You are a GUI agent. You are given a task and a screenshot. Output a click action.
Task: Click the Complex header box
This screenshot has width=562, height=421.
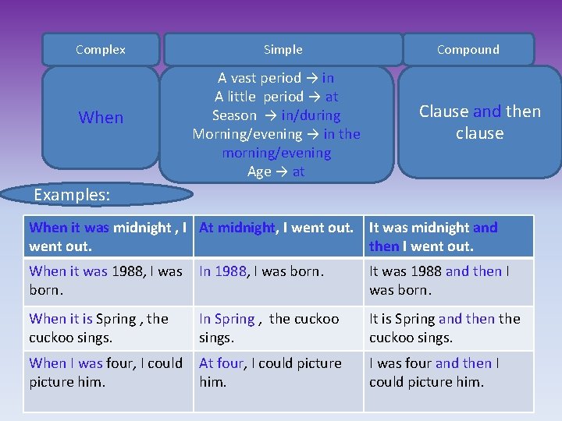[101, 49]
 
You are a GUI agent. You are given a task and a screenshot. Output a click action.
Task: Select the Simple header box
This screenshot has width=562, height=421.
[283, 49]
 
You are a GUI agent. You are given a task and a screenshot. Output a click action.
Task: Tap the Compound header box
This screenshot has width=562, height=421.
[468, 49]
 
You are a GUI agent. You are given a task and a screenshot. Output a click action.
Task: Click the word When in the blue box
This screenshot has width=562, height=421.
[101, 118]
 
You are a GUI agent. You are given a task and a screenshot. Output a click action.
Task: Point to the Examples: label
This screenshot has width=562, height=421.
[72, 194]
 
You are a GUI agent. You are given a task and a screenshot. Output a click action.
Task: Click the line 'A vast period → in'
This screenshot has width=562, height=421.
[276, 78]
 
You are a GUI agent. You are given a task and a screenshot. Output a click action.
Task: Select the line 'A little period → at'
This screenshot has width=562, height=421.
[276, 97]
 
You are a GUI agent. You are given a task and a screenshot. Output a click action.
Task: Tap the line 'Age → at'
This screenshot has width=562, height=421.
[276, 172]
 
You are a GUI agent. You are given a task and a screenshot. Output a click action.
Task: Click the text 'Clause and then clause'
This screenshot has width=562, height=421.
[479, 122]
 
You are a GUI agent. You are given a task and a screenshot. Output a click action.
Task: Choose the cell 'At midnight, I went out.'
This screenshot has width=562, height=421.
[278, 236]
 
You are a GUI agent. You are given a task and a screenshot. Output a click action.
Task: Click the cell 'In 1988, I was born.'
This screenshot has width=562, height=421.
[278, 281]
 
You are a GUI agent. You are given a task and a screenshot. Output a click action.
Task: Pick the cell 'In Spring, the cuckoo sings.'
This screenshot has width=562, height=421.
[278, 327]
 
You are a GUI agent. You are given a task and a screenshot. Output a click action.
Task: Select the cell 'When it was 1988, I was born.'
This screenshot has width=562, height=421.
[108, 281]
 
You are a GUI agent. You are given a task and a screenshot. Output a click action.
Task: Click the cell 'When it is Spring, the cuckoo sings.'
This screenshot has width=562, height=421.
[108, 327]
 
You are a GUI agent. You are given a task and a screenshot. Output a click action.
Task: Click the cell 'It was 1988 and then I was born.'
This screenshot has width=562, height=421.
[448, 281]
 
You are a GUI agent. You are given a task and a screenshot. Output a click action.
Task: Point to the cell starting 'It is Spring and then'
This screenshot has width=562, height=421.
[448, 327]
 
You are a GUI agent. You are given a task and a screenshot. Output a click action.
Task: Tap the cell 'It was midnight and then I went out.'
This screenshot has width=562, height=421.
[448, 236]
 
